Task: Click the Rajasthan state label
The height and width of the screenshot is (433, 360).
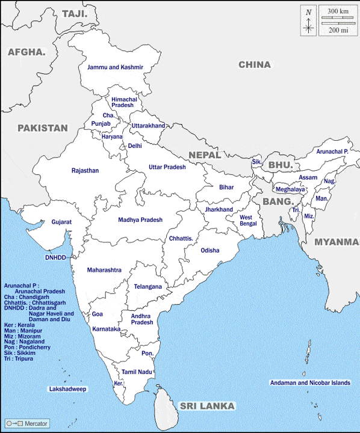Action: click(85, 171)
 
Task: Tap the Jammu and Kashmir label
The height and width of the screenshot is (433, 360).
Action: click(115, 67)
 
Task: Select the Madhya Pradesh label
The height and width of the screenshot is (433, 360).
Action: click(140, 220)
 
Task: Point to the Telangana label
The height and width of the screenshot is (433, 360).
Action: click(147, 287)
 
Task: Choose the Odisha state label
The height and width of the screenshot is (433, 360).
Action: click(210, 250)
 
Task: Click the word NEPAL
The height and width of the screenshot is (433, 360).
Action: click(205, 155)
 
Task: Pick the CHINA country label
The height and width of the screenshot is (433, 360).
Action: click(255, 64)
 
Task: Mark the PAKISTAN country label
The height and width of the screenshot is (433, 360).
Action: click(42, 128)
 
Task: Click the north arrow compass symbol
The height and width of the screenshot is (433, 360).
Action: click(309, 21)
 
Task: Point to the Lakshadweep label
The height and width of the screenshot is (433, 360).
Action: click(67, 389)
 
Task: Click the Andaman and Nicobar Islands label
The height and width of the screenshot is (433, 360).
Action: click(309, 382)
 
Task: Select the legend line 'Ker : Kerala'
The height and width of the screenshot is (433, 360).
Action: click(19, 325)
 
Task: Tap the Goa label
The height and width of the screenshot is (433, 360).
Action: click(97, 314)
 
